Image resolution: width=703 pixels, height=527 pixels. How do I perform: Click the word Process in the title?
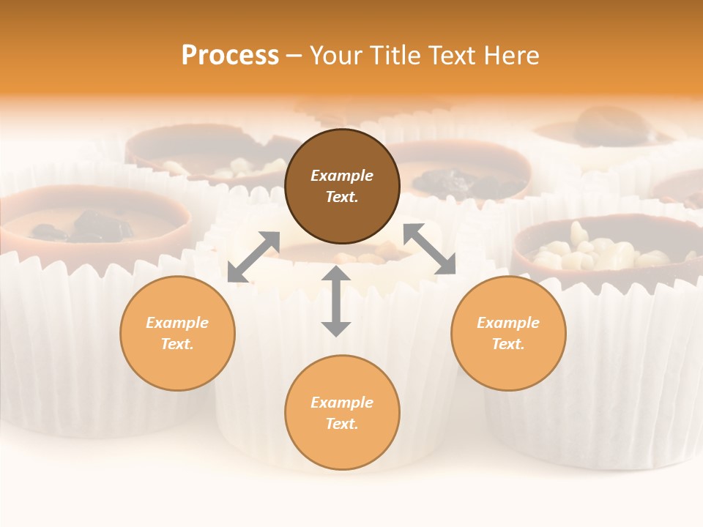pyautogui.click(x=230, y=56)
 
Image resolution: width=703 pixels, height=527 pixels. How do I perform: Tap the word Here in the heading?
pyautogui.click(x=510, y=56)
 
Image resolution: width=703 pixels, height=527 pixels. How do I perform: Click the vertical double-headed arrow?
pyautogui.click(x=336, y=301)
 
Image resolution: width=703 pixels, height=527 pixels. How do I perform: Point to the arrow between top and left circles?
pyautogui.click(x=254, y=256)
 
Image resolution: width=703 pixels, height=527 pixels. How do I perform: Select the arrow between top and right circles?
pyautogui.click(x=429, y=249)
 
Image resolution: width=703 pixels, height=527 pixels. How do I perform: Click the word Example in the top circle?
pyautogui.click(x=342, y=176)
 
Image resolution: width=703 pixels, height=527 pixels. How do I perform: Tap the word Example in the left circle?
pyautogui.click(x=177, y=323)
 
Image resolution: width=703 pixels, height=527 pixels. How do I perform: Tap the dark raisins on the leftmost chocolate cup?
pyautogui.click(x=84, y=225)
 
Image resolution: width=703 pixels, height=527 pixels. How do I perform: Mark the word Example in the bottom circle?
pyautogui.click(x=342, y=403)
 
